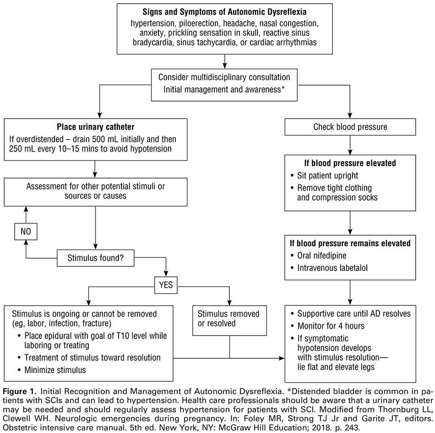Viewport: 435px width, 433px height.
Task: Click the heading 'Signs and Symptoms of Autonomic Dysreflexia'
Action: coord(224,11)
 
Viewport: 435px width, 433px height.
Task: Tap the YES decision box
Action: coord(166,285)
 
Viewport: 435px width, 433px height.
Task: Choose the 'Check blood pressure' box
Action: coord(350,127)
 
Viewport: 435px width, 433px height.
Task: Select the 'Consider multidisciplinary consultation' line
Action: coord(224,77)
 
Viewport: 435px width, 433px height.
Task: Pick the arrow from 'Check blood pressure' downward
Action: coord(350,146)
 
